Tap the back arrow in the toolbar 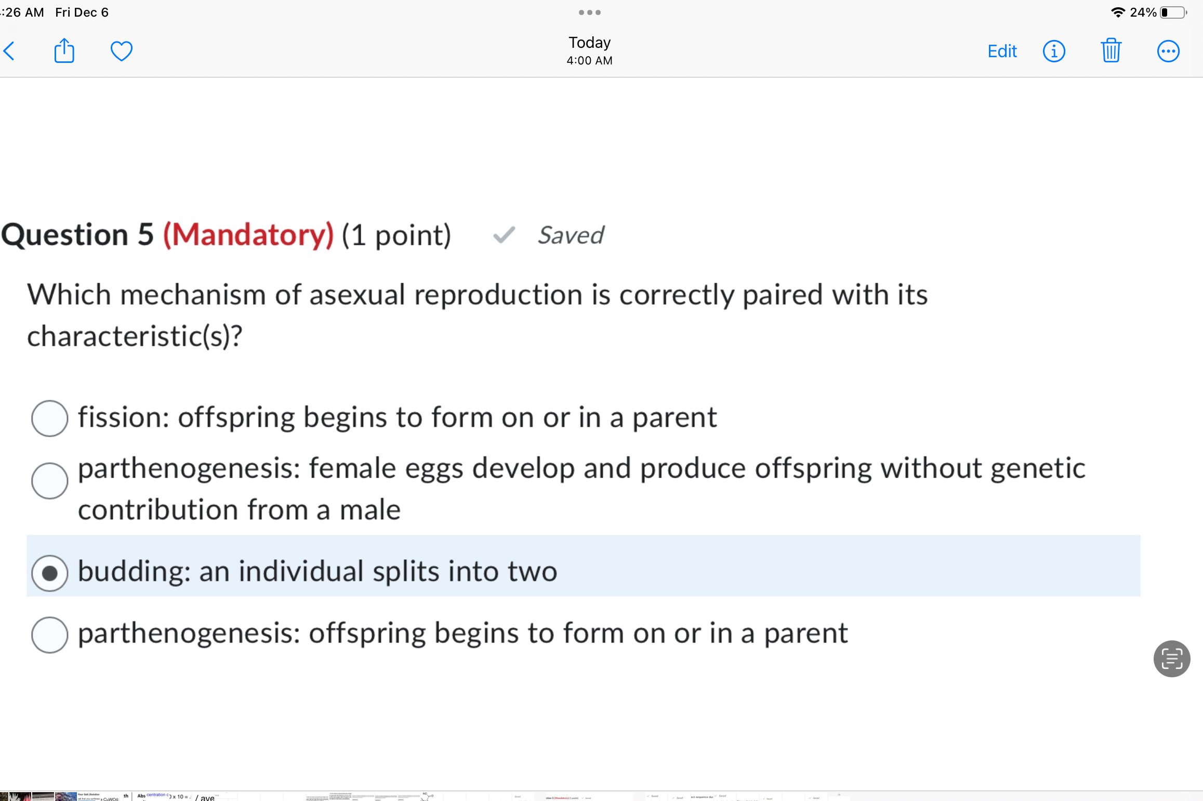(10, 51)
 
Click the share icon (64, 50)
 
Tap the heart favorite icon (122, 51)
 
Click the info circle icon (1054, 51)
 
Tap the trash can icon (1111, 51)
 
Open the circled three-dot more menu (1168, 51)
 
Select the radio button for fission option (49, 418)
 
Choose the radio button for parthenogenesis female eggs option (49, 480)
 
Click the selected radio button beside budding (49, 573)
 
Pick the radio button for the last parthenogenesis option (49, 635)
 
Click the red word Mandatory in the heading (248, 235)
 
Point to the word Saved (571, 235)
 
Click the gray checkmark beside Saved (504, 235)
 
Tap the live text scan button (1171, 659)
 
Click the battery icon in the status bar (1173, 12)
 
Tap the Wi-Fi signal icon (1117, 12)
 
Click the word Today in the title (589, 43)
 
